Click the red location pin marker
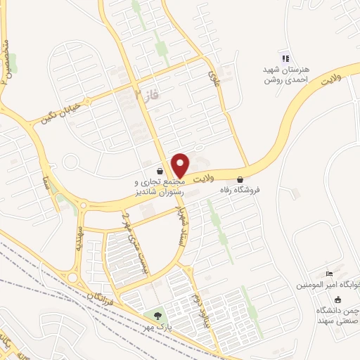coord(180,165)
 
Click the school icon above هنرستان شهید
coord(285,58)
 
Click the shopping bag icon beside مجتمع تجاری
coord(161,170)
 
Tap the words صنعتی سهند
coord(335,320)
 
